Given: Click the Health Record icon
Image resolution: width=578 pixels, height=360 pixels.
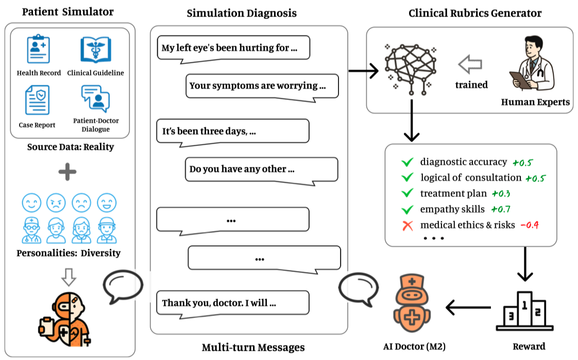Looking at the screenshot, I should [x=38, y=49].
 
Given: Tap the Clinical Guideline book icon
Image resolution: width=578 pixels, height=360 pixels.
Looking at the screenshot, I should [x=96, y=49].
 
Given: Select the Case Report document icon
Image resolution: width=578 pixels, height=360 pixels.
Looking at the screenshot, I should [x=37, y=101].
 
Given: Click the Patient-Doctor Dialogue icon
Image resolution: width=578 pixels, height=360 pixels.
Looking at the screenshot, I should [x=95, y=98].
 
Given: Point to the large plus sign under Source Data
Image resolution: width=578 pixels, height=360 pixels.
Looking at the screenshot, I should [x=67, y=173].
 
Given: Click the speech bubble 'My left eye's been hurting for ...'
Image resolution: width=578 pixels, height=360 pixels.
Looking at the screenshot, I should [x=233, y=48].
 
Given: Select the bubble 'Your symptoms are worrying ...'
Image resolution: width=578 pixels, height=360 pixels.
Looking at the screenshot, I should [x=262, y=86].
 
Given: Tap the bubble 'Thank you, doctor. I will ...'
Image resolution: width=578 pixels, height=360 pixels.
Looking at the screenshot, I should [x=232, y=303].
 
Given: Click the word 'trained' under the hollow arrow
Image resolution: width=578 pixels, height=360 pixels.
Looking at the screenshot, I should [x=471, y=85].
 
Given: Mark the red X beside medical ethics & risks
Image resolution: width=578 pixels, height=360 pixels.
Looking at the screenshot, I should [x=407, y=225].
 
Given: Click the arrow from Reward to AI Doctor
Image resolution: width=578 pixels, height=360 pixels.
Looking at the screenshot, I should [x=468, y=308].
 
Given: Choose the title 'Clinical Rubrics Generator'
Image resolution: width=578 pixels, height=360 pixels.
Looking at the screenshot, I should [x=475, y=13].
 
